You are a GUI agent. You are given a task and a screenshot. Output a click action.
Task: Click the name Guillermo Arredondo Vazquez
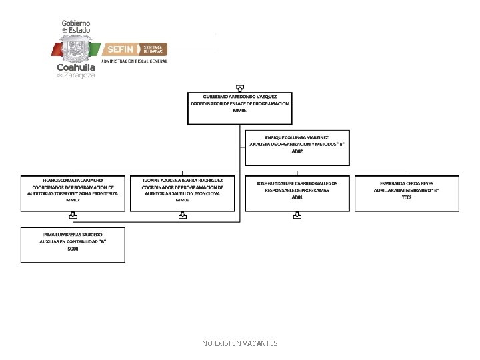[240, 97]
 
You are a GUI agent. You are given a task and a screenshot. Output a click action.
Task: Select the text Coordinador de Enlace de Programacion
[240, 104]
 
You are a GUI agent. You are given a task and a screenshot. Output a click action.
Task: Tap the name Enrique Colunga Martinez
[297, 137]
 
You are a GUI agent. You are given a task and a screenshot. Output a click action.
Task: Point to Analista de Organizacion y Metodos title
[297, 144]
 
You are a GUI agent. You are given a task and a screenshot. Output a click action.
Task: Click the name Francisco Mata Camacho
[73, 181]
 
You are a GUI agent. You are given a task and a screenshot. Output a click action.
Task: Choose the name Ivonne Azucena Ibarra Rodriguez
[183, 181]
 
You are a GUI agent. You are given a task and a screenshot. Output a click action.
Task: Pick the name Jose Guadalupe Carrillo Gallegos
[297, 183]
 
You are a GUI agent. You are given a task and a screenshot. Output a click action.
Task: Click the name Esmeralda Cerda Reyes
[407, 183]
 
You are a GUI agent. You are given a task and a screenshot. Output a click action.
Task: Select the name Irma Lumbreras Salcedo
[73, 235]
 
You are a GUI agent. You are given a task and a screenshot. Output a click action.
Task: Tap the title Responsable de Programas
[297, 190]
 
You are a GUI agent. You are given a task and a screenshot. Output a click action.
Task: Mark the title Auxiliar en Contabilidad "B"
[73, 242]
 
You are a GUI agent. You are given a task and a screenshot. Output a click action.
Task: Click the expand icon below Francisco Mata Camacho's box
[73, 216]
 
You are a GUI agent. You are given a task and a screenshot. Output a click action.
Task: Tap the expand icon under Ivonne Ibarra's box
[183, 216]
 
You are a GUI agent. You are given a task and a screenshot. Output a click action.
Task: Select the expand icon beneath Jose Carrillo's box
[297, 216]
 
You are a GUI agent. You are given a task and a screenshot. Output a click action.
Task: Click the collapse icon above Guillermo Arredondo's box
[240, 87]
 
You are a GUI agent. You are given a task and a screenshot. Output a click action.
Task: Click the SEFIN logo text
[121, 49]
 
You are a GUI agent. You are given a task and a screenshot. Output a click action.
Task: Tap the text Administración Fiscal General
[134, 61]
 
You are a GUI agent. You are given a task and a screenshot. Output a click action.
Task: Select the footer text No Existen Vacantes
[240, 343]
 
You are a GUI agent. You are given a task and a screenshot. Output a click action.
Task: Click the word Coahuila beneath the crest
[77, 67]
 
